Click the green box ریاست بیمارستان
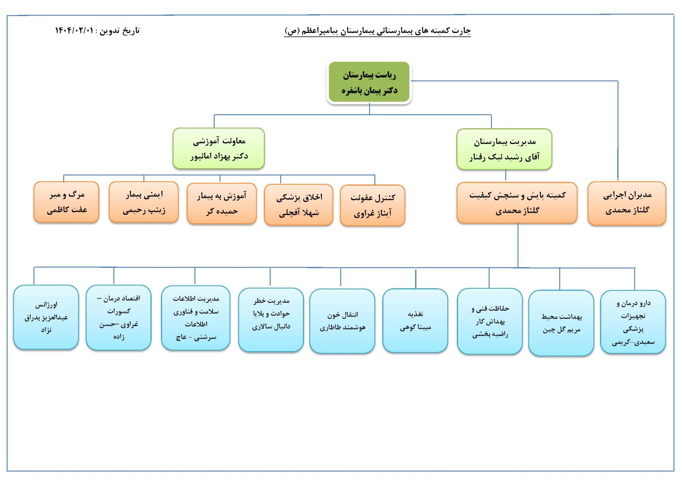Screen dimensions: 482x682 click(369, 82)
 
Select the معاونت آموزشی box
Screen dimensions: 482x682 click(219, 148)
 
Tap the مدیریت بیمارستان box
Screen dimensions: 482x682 click(504, 149)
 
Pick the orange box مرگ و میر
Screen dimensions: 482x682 click(66, 202)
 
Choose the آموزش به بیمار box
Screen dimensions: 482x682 click(222, 204)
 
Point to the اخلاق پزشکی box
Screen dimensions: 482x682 click(299, 205)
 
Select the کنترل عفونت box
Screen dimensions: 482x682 click(372, 205)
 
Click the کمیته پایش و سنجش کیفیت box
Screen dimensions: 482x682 click(517, 203)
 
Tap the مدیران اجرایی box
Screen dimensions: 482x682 click(627, 203)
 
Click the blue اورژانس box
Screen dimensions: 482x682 click(46, 317)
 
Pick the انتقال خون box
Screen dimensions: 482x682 click(342, 321)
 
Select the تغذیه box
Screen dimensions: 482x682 click(415, 320)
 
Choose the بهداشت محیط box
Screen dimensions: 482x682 click(561, 323)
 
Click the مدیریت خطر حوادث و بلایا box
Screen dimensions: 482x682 click(271, 319)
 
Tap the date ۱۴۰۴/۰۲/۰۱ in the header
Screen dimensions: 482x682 click(74, 31)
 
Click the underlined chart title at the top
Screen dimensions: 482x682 click(377, 31)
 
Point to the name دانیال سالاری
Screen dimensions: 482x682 click(271, 327)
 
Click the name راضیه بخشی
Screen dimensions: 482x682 click(490, 334)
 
